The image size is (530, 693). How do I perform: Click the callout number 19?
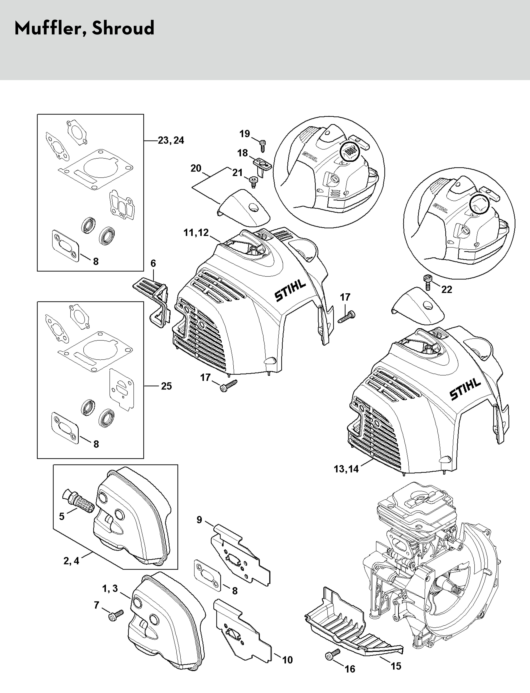coord(244,134)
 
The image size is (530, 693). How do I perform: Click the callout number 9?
coord(199,519)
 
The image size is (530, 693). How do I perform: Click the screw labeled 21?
coord(253,181)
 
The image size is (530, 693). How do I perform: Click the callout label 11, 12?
coord(196,233)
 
